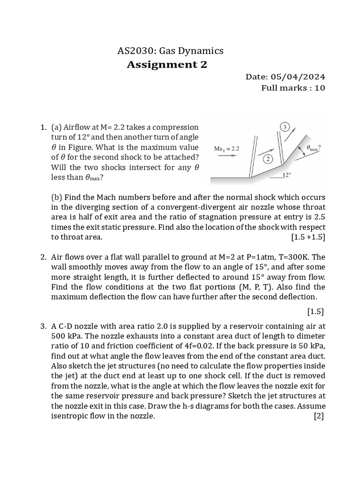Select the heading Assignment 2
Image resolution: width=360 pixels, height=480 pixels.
pyautogui.click(x=166, y=65)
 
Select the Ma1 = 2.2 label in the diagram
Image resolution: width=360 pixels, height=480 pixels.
pyautogui.click(x=227, y=149)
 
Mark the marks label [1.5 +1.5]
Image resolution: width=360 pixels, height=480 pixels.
pyautogui.click(x=308, y=237)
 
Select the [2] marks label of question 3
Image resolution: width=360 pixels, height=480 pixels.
pyautogui.click(x=319, y=416)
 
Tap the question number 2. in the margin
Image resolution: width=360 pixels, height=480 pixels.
pyautogui.click(x=43, y=257)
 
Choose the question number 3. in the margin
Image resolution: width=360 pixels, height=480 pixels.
pyautogui.click(x=43, y=326)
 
